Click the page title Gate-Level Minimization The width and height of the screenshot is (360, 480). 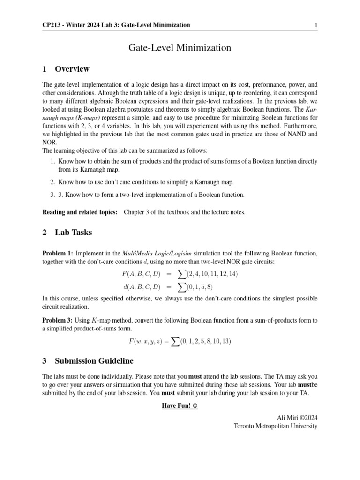pos(180,47)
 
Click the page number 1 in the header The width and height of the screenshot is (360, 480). pos(316,25)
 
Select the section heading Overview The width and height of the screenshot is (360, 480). pos(72,69)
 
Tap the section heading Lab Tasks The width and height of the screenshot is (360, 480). pos(74,232)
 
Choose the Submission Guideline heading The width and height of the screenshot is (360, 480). pos(94,361)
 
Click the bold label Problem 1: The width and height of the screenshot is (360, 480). pos(57,254)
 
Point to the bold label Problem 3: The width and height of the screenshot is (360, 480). pos(57,321)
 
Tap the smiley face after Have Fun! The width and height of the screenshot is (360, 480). pos(195,405)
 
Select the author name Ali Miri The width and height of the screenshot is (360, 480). pos(289,417)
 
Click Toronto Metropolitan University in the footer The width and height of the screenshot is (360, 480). pos(276,426)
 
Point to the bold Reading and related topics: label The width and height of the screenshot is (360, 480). pos(80,212)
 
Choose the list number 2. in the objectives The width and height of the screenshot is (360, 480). pos(53,182)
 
